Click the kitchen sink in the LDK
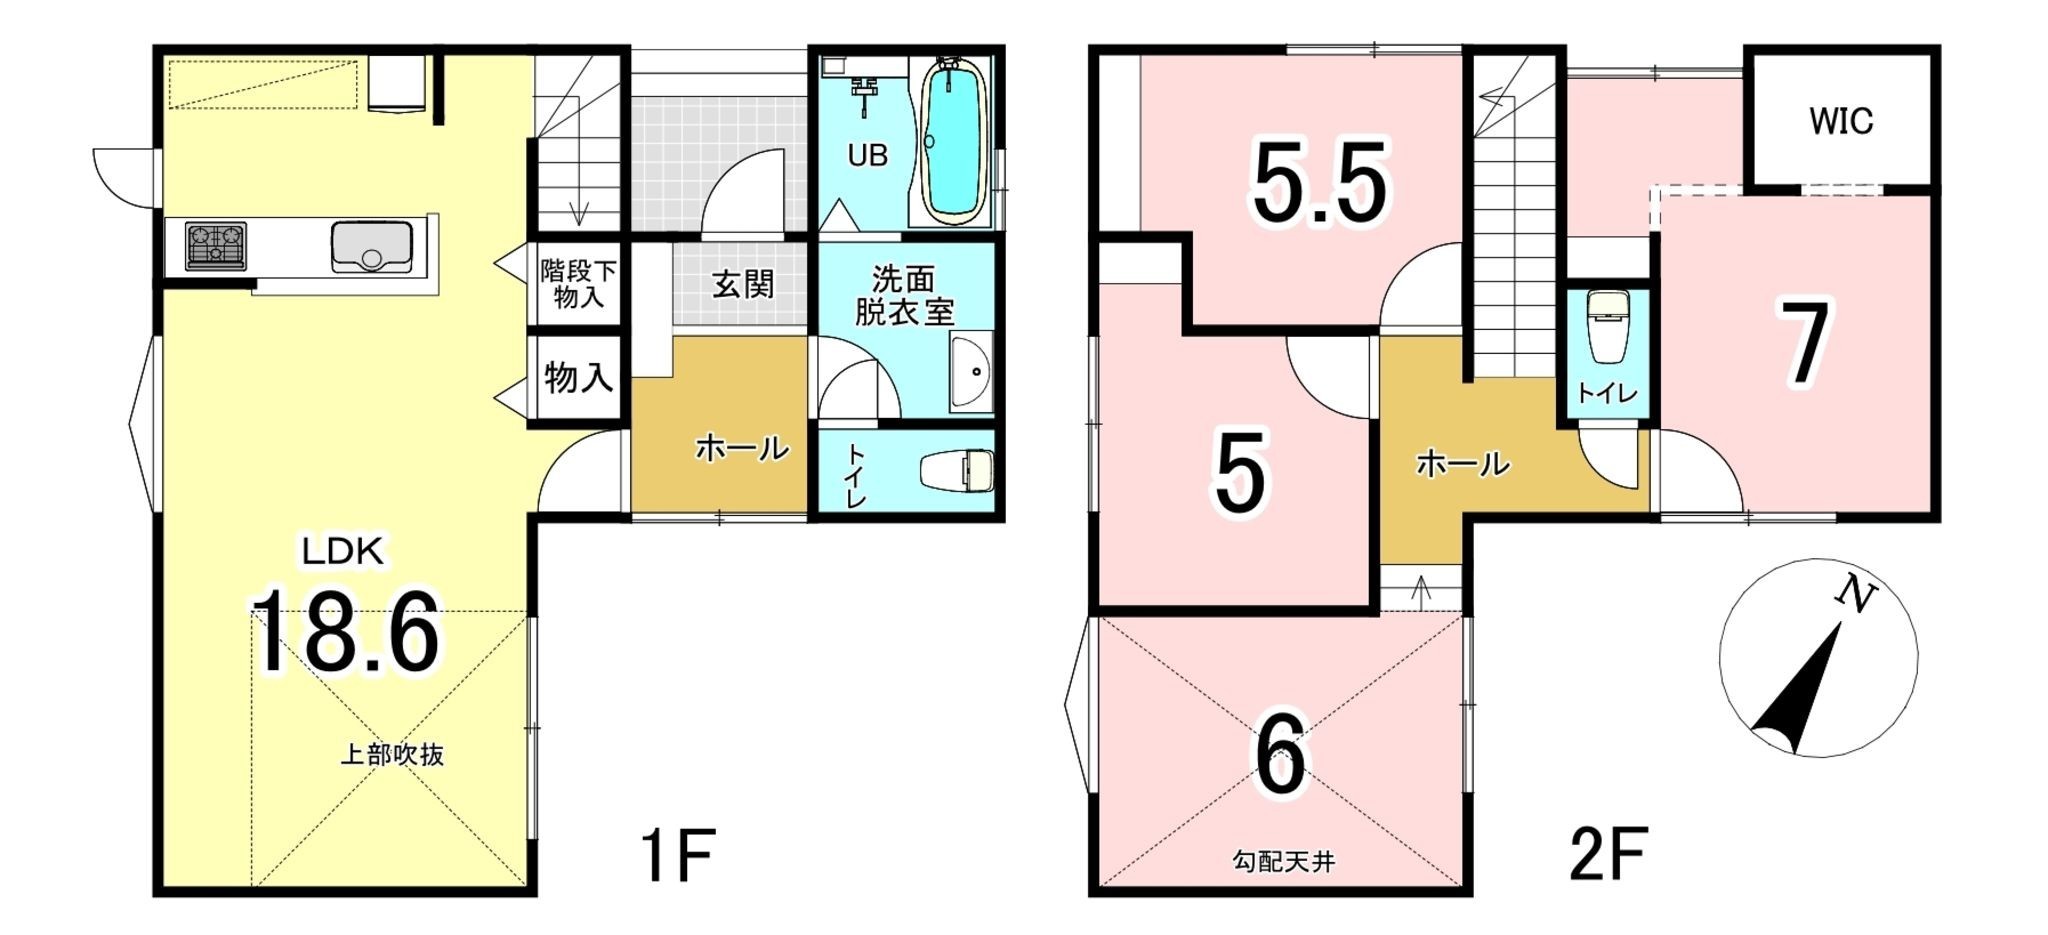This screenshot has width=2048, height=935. point(371,246)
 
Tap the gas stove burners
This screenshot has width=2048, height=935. point(215,246)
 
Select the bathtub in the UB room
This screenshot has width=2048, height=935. point(951,140)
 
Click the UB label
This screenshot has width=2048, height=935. point(867,156)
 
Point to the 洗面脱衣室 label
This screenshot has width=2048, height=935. point(904,295)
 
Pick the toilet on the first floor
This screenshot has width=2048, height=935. point(957,470)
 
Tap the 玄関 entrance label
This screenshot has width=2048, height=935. point(743,284)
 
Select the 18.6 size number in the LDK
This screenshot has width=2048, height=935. point(344,633)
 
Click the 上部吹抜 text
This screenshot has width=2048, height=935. point(392,755)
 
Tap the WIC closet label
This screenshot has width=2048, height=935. point(1840,121)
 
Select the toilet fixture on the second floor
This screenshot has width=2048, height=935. point(1607,326)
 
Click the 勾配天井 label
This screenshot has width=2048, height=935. point(1283,861)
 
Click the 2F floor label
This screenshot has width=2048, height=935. point(1608,855)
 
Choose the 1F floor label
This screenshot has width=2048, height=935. point(677,855)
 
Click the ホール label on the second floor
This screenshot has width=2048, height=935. point(1462,464)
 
